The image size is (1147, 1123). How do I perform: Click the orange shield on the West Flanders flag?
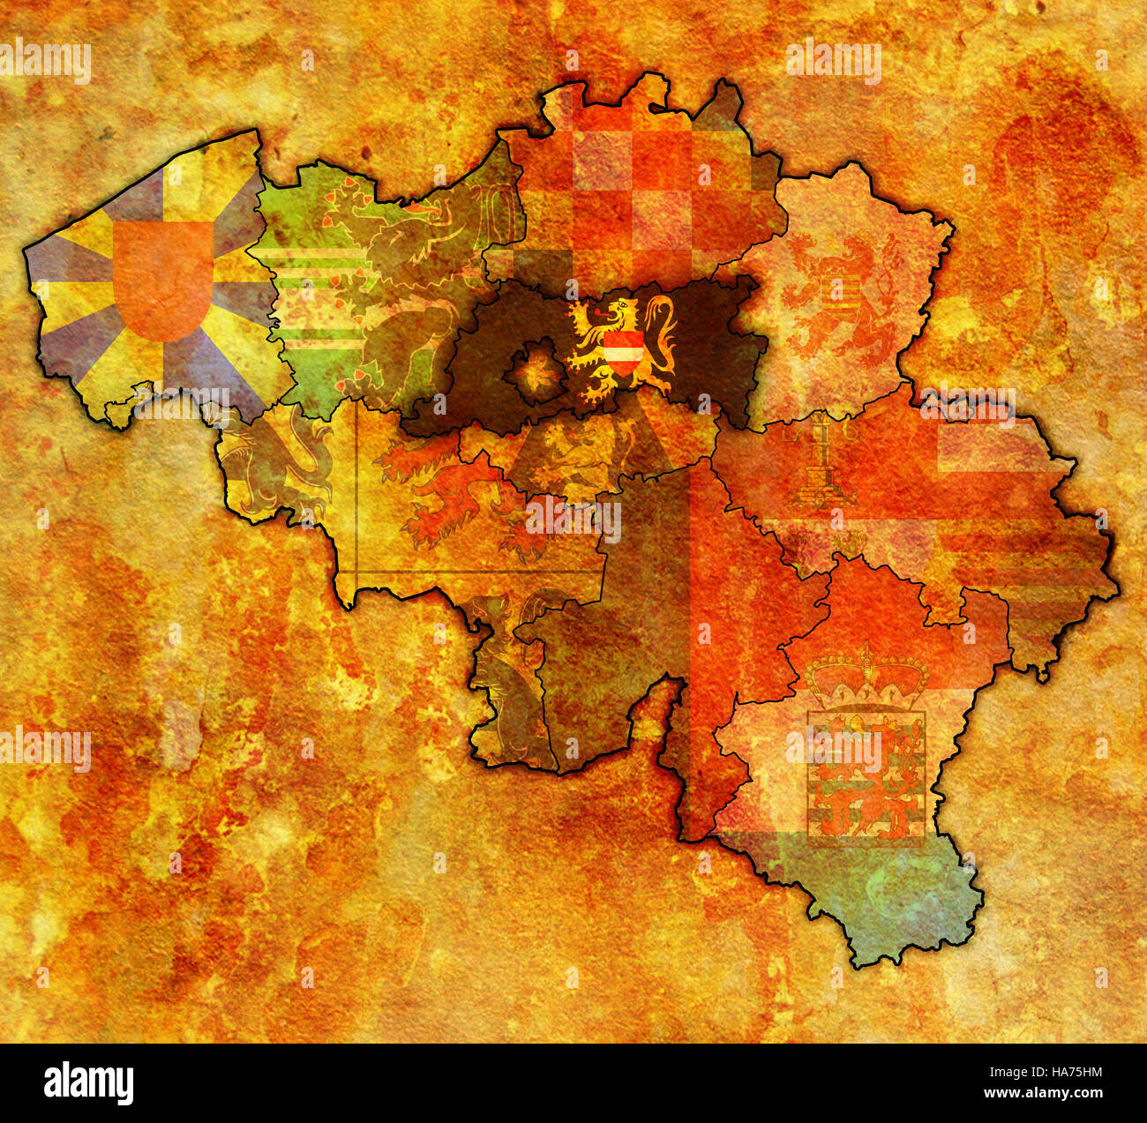(164, 280)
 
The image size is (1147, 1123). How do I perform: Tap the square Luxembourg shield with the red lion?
(866, 774)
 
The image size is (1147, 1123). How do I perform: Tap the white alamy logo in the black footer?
(89, 1082)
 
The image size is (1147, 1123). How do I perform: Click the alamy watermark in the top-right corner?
(833, 62)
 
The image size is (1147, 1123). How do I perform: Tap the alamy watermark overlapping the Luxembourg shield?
(833, 750)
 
